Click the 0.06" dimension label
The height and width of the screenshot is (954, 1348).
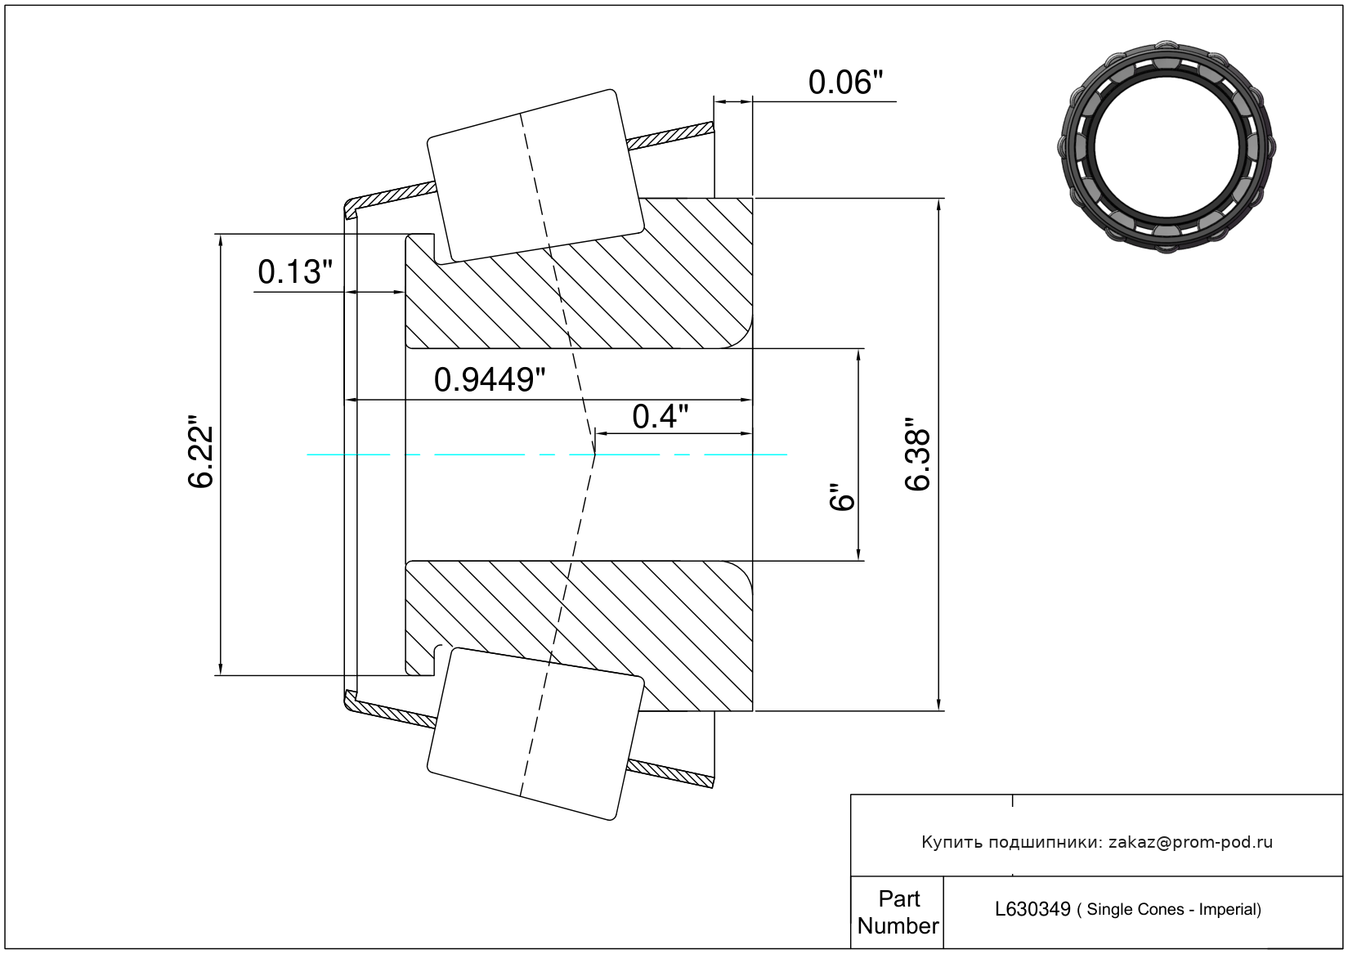tap(845, 83)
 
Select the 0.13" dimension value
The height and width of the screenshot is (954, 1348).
tap(295, 272)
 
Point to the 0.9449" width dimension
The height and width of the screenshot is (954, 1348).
tap(489, 380)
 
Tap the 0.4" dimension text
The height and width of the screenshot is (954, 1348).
tap(660, 417)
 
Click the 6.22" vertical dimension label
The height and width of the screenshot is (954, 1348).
tap(201, 456)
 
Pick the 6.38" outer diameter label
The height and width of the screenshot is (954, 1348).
tap(918, 455)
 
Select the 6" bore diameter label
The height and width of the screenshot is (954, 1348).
tap(841, 497)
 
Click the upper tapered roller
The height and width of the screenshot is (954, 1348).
tap(535, 176)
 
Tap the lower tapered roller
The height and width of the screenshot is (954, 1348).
tap(535, 733)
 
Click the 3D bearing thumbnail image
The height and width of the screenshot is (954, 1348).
tap(1167, 145)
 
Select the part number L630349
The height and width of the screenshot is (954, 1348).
tap(1032, 909)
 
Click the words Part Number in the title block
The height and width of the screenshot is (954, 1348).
tap(898, 912)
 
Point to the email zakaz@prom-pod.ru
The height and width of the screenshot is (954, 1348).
tap(1190, 842)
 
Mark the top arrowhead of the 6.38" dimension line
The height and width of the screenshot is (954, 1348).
tap(939, 204)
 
